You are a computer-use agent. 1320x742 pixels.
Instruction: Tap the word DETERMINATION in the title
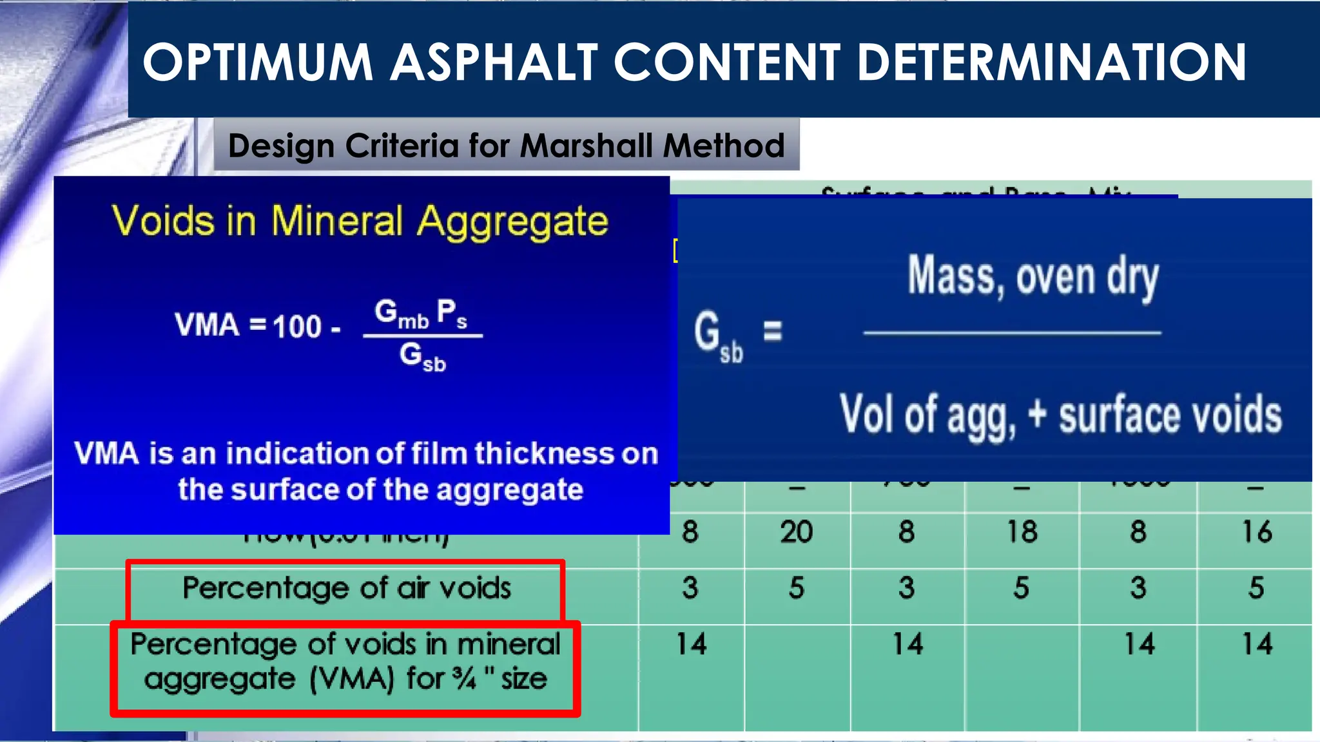[x=1052, y=62]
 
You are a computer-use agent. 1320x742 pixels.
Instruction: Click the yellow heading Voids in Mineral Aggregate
[x=360, y=221]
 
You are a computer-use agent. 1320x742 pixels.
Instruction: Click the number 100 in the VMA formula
[x=297, y=326]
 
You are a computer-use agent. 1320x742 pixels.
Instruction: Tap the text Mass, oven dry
[x=1033, y=277]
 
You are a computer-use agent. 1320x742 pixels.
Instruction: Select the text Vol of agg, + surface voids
[x=1060, y=415]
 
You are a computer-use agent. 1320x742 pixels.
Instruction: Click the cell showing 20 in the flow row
[x=797, y=532]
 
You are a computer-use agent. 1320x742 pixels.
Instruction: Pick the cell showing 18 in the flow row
[x=1022, y=532]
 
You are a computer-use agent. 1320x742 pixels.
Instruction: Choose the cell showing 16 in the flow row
[x=1256, y=532]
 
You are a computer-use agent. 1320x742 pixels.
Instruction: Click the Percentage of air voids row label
[x=346, y=588]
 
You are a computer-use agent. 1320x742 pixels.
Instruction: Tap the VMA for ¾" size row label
[x=345, y=661]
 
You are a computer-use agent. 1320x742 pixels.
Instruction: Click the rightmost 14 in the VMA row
[x=1257, y=644]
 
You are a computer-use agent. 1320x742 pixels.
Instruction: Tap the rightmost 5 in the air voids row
[x=1256, y=588]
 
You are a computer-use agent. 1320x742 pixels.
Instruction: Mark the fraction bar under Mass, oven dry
[x=1012, y=333]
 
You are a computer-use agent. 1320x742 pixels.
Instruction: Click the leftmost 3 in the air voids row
[x=690, y=588]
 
